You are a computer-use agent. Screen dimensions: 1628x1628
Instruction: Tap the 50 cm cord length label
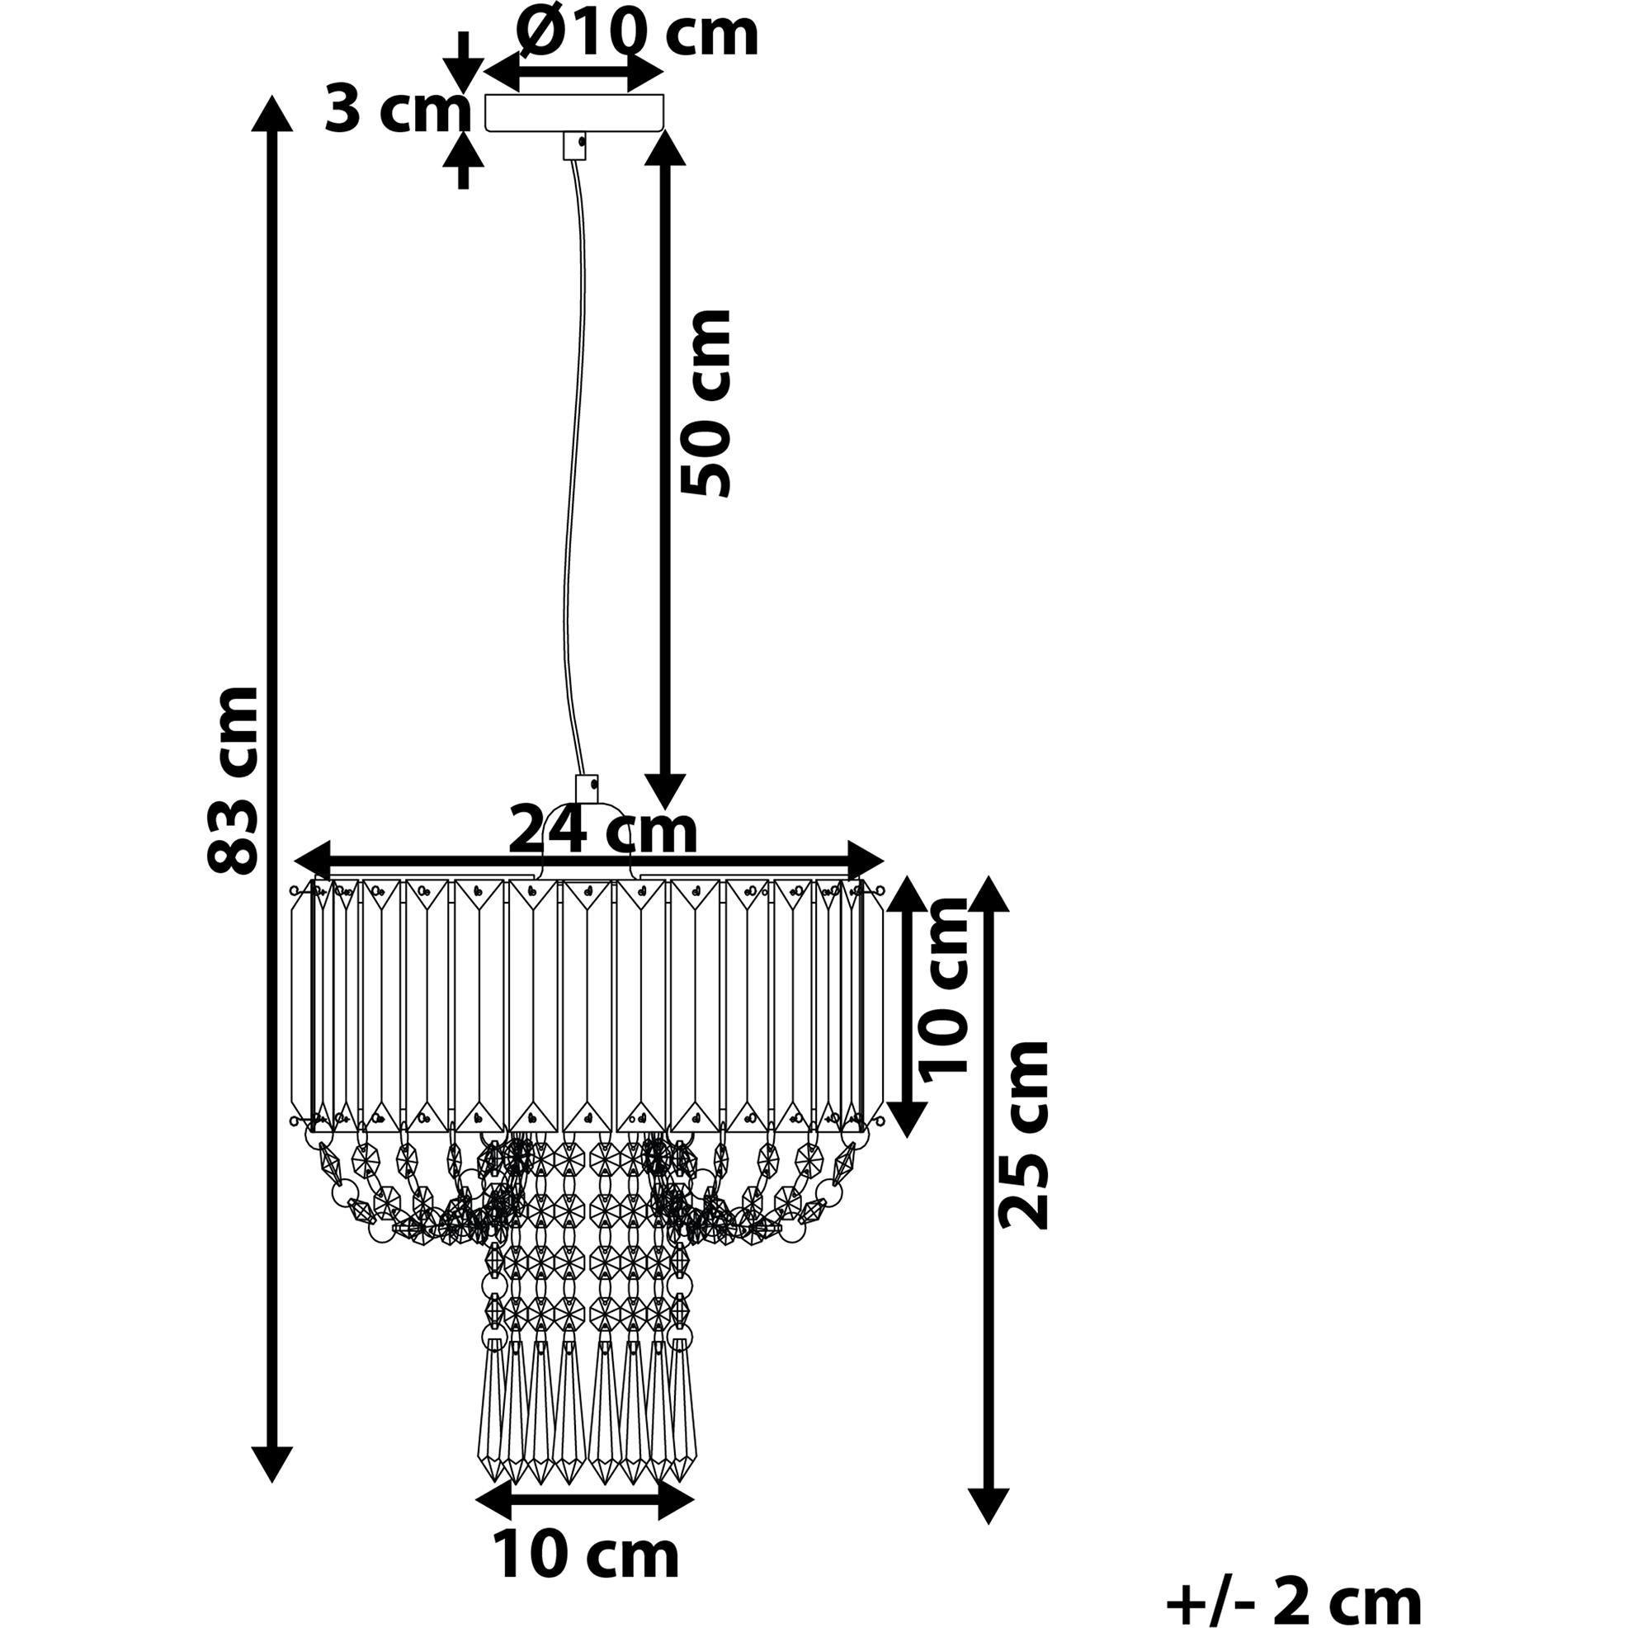705,403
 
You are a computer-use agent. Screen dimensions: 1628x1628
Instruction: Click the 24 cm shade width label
603,830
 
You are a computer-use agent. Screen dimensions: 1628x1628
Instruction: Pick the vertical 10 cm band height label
944,989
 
